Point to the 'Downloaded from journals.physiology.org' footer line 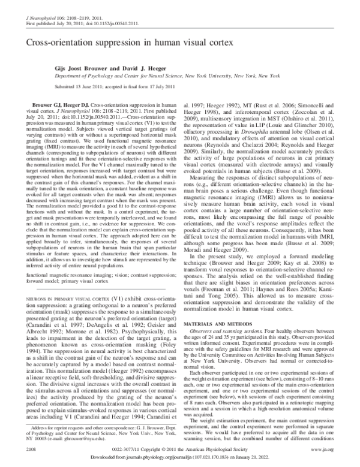pyautogui.click(x=180, y=457)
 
